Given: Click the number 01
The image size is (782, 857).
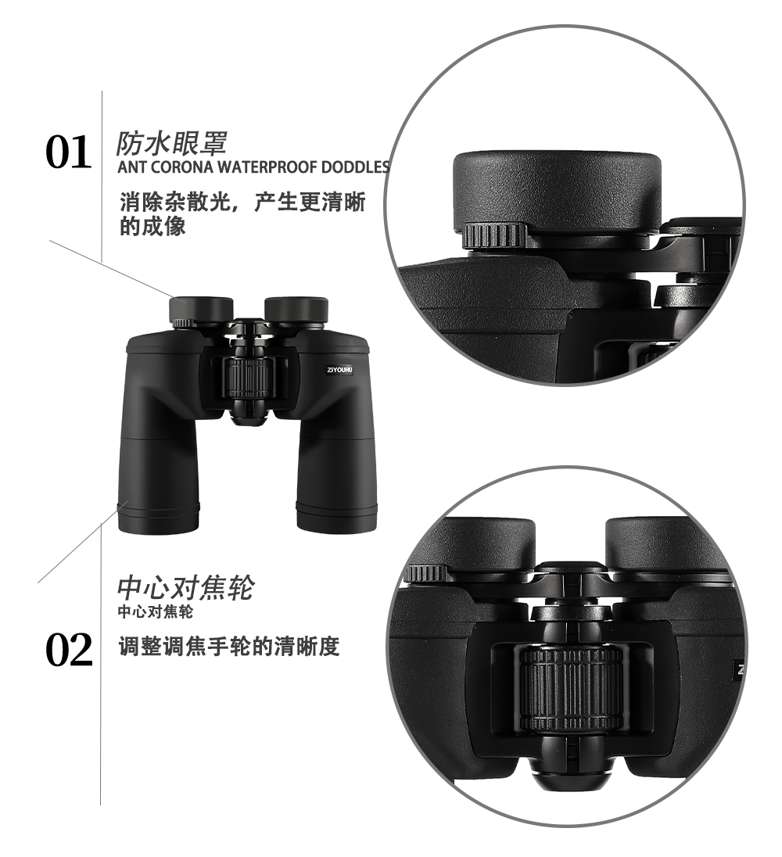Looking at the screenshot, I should point(69,152).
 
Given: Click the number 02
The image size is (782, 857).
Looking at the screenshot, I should point(69,651).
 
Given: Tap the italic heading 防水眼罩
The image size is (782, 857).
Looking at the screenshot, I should point(171,143).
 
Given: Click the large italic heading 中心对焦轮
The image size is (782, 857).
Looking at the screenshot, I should point(185,587).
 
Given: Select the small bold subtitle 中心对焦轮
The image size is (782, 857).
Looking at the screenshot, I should point(155,611).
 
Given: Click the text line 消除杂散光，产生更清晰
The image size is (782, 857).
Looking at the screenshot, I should point(242,203).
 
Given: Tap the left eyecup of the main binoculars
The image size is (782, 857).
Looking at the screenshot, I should point(201,309).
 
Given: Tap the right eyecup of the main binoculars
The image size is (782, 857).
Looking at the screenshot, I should point(296,309).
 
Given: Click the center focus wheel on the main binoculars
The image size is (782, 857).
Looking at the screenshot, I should point(248,379).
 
